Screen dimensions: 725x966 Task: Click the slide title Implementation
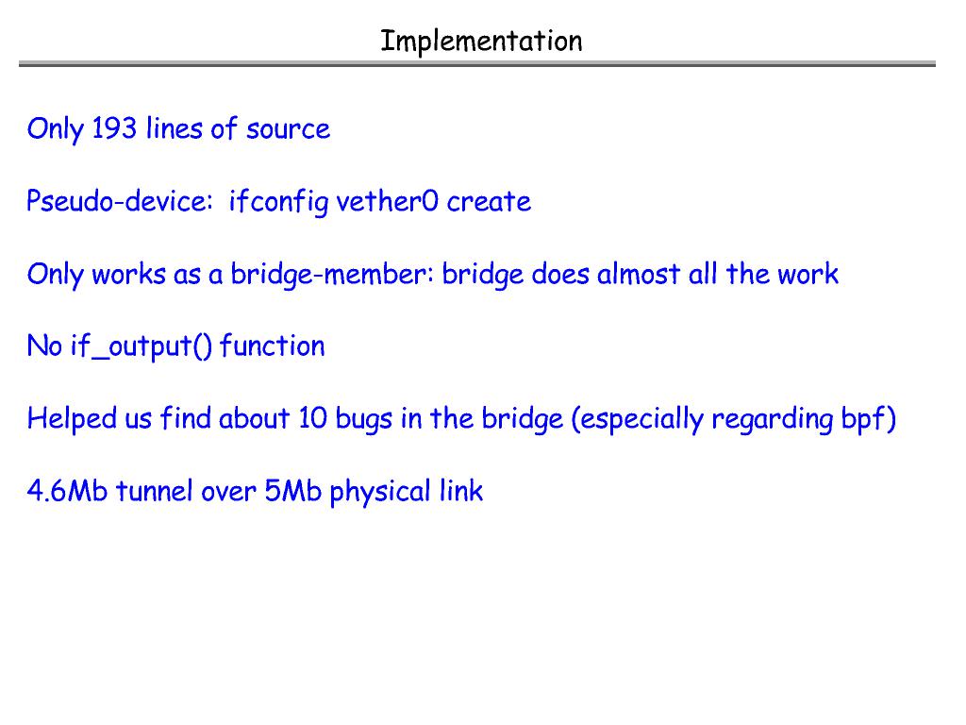(x=481, y=41)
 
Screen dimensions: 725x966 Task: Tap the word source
(x=288, y=129)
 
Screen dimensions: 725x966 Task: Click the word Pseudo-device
(x=119, y=201)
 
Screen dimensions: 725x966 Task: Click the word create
(x=489, y=201)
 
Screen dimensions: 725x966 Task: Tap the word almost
(x=639, y=274)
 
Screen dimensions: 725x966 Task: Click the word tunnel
(x=155, y=491)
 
